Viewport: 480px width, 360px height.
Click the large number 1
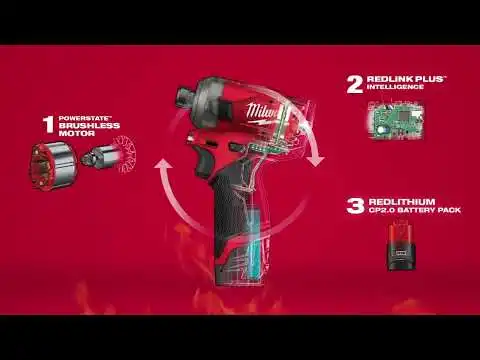[x=49, y=125]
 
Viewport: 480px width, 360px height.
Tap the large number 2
[x=355, y=85]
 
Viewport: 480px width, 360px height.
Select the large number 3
[x=355, y=206]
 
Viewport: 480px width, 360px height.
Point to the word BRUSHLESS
[x=89, y=126]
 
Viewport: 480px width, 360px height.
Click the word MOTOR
[x=77, y=133]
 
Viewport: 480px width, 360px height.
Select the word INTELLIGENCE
[x=395, y=87]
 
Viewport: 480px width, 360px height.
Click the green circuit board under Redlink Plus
[x=396, y=120]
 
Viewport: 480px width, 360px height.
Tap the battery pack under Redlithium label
[x=402, y=246]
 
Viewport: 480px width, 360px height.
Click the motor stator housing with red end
[x=53, y=166]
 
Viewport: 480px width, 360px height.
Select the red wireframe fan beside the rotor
[x=125, y=154]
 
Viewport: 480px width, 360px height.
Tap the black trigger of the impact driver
[x=203, y=164]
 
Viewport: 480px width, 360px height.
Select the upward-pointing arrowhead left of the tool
[x=164, y=166]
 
